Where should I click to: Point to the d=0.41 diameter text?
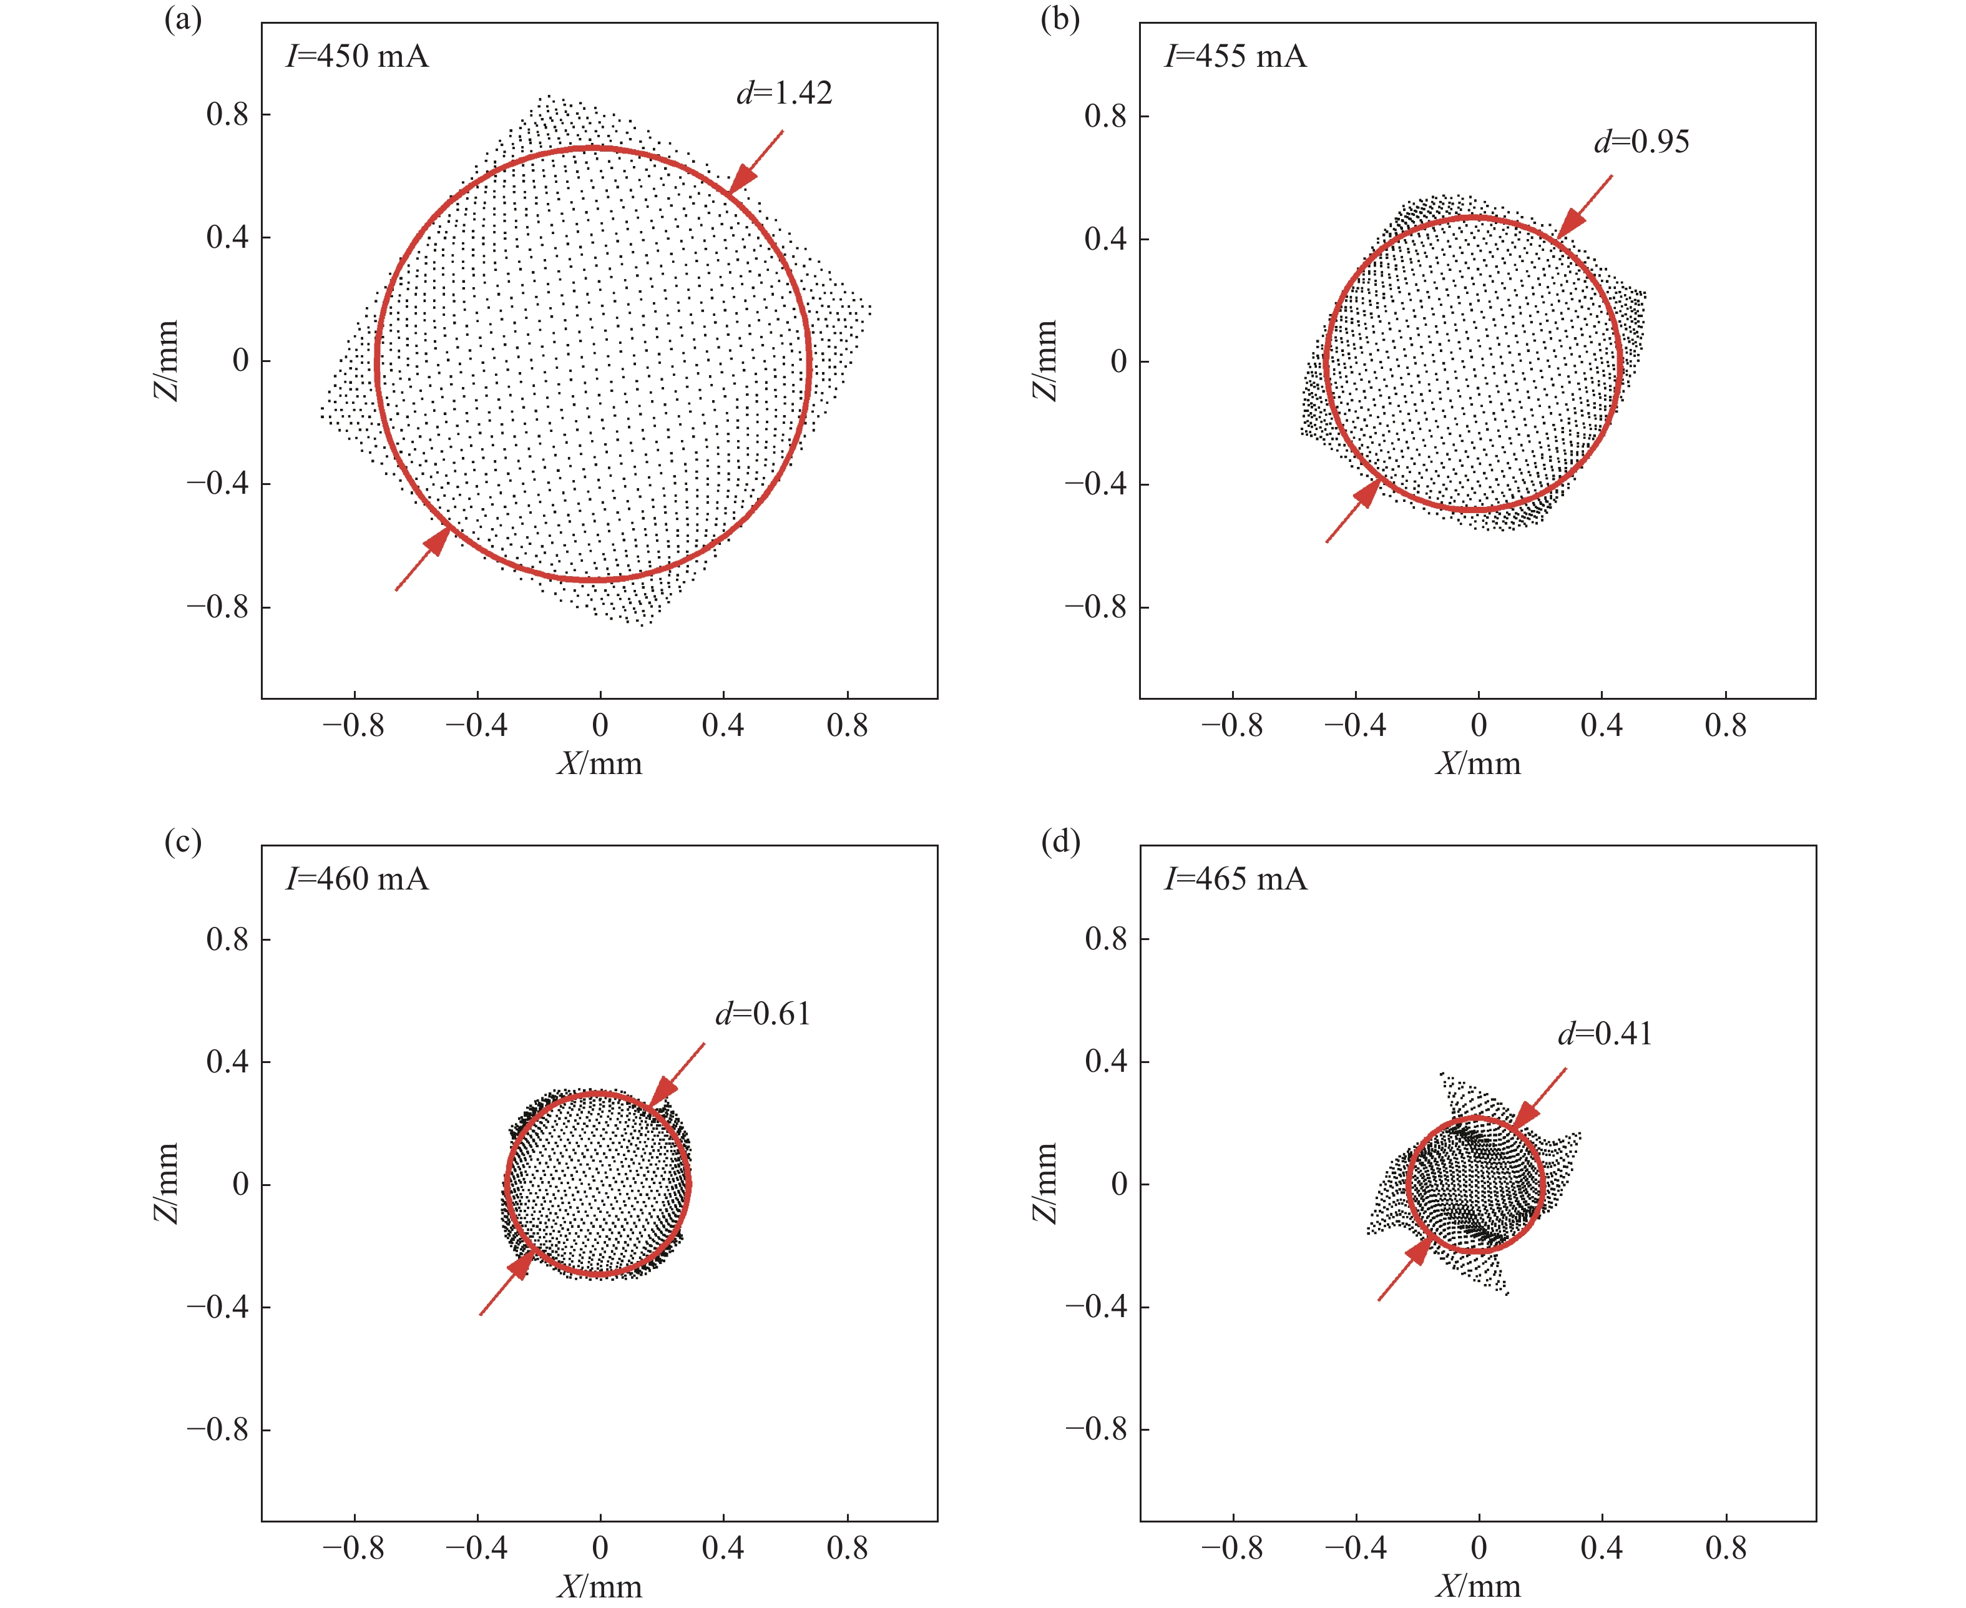pos(1604,1034)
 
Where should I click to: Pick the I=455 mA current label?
pos(1235,57)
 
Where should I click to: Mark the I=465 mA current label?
pos(1235,879)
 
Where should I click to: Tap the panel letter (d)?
pos(1060,842)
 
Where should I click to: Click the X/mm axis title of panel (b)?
pos(1478,764)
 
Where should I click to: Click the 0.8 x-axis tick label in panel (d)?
pos(1725,1548)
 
